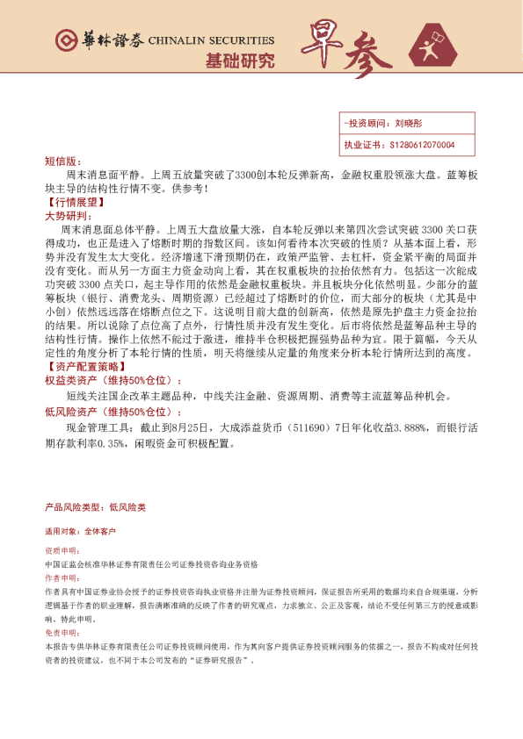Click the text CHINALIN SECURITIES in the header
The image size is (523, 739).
pyautogui.click(x=212, y=40)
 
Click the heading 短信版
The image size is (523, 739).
pyautogui.click(x=62, y=162)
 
